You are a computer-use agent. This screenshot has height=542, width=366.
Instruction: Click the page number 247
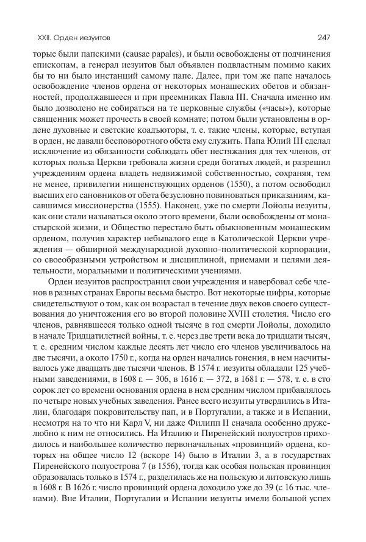323,38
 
